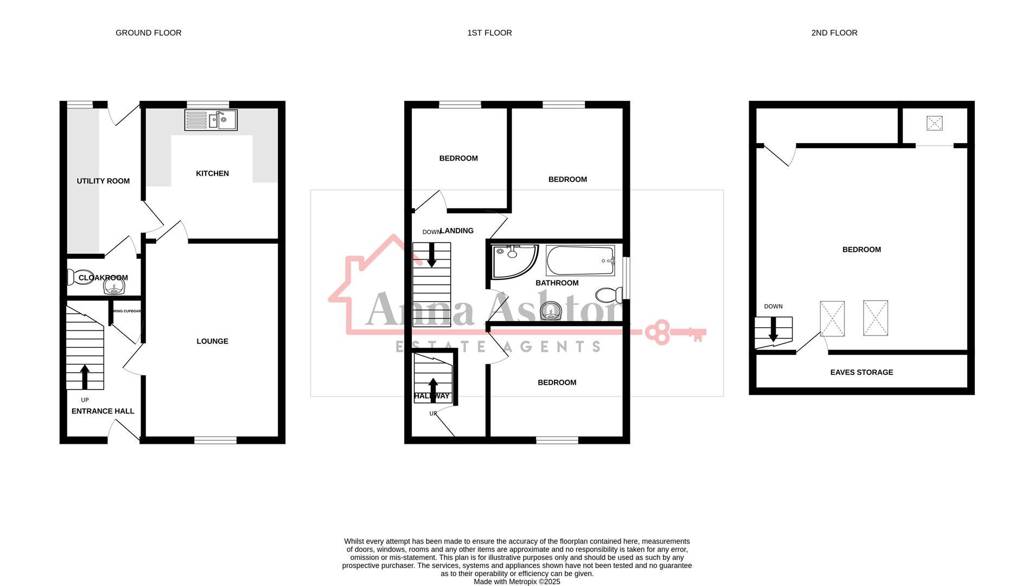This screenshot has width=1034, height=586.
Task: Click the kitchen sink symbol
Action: (211, 120)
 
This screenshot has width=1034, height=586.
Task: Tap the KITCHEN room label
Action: (212, 174)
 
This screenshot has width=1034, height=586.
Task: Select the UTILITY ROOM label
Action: (103, 181)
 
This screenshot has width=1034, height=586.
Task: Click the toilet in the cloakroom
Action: (73, 277)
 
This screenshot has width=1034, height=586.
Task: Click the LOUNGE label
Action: (212, 341)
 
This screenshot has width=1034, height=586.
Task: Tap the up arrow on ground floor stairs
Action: (85, 377)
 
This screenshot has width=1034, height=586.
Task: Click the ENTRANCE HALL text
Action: (103, 411)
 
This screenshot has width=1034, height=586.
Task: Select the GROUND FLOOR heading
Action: (148, 33)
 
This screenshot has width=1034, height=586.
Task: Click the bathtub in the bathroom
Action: (580, 260)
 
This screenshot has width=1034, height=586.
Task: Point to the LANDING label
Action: (457, 231)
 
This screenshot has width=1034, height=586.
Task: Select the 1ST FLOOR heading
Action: (489, 33)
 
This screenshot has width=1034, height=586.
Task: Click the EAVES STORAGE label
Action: (861, 372)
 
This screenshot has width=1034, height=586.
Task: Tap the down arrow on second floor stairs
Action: (774, 329)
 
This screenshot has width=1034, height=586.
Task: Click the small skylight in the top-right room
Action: (934, 123)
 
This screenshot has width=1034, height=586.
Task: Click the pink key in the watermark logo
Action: (675, 333)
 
